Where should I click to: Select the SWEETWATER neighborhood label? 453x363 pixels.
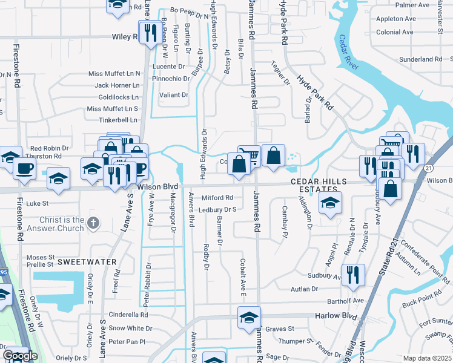[87, 261]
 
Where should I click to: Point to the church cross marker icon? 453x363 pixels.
[93, 223]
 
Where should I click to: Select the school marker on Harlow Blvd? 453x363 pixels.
[249, 317]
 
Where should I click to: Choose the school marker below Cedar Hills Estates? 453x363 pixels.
[330, 203]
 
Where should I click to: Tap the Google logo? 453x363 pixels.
[20, 356]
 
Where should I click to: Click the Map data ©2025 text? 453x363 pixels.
[427, 358]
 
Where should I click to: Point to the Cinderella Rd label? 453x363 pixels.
[128, 315]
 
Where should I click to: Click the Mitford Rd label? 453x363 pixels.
[217, 198]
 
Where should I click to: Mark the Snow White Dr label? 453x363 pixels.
[130, 329]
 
